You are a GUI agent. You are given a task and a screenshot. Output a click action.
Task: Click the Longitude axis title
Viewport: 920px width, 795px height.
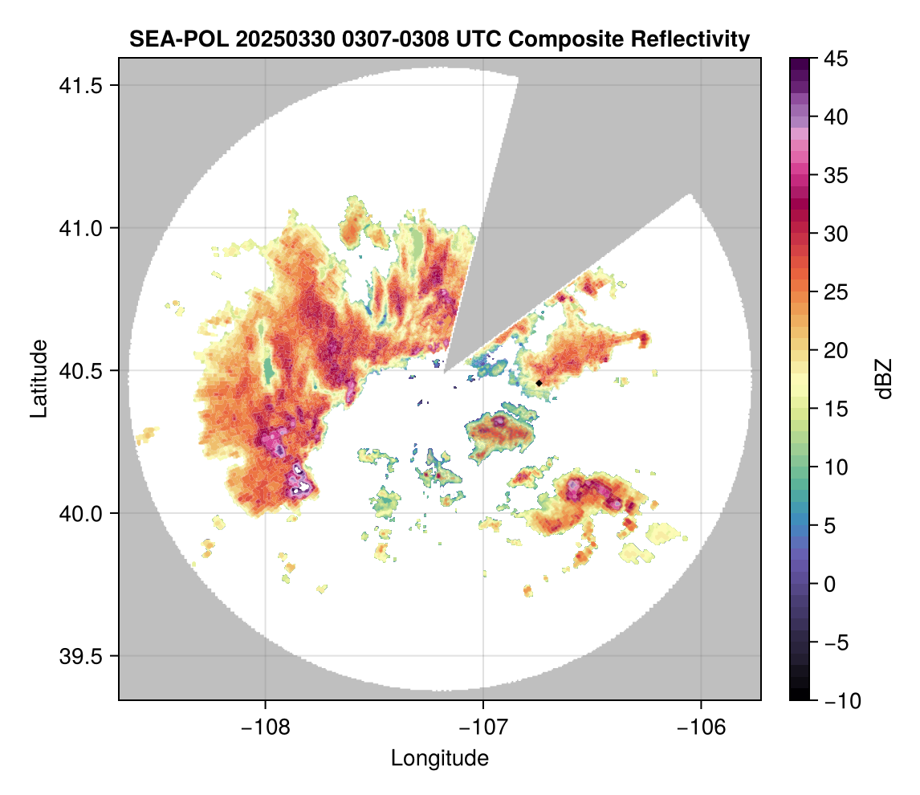439,758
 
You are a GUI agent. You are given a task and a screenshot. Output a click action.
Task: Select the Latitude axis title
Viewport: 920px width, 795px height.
38,378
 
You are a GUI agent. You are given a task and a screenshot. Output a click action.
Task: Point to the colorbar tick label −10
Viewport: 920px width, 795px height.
839,701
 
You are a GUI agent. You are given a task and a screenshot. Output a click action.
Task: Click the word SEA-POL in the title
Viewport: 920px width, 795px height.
168,39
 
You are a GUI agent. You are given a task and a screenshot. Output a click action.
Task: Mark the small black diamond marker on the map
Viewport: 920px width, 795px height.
539,383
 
